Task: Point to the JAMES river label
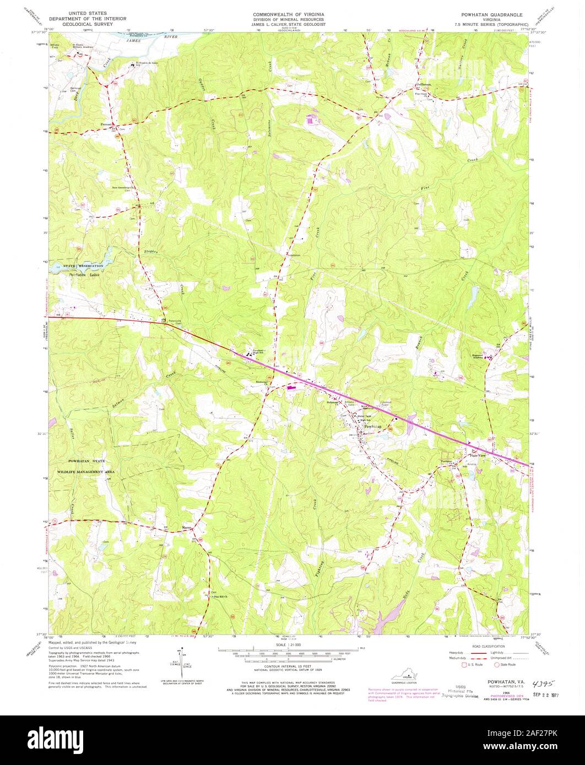(131, 41)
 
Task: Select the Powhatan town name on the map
(373, 427)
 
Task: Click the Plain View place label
(477, 455)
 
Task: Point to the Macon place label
(187, 531)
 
